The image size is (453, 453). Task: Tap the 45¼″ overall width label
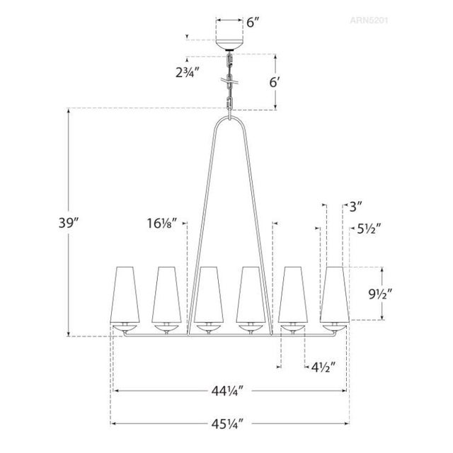(x=227, y=424)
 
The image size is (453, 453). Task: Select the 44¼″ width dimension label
(x=227, y=391)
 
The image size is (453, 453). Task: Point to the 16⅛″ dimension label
(x=162, y=224)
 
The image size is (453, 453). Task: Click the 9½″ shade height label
(x=380, y=294)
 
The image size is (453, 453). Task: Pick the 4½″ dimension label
(x=323, y=367)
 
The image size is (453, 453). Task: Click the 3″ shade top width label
(x=355, y=207)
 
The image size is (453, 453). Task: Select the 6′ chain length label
(x=275, y=82)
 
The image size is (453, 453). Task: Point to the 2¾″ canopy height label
(x=188, y=72)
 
